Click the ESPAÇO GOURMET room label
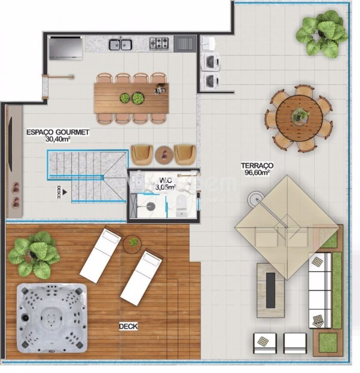[x=58, y=132]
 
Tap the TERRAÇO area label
[x=257, y=165]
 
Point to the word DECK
[x=128, y=327]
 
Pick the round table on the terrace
[x=299, y=118]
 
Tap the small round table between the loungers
[x=133, y=244]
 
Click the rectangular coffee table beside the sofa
[x=270, y=290]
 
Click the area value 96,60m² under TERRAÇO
[x=257, y=173]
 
